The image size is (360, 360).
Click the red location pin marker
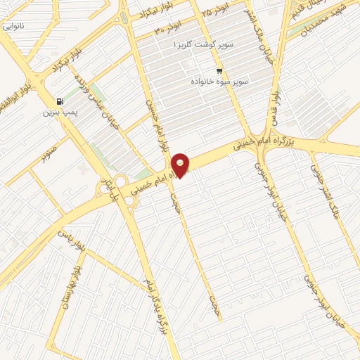181,165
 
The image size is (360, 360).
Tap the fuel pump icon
58,101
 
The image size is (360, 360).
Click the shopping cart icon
220,71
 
